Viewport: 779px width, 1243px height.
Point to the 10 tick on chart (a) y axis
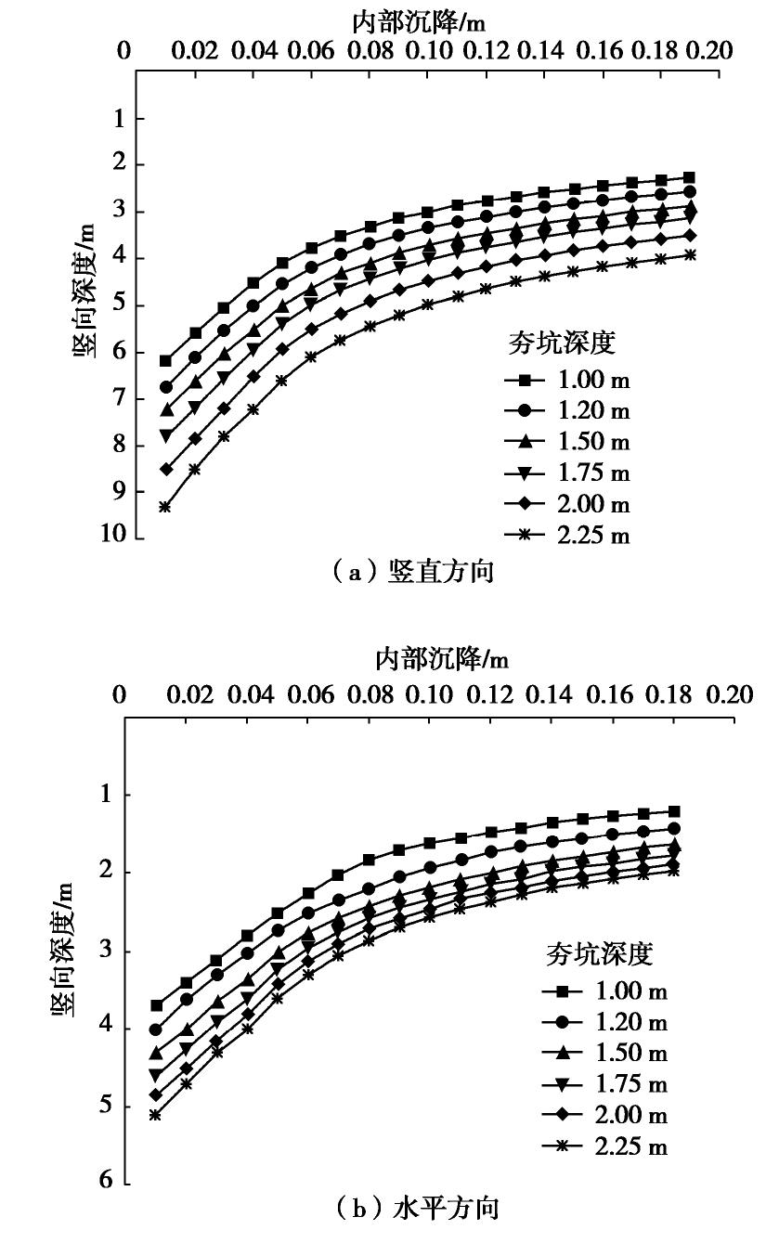(x=116, y=538)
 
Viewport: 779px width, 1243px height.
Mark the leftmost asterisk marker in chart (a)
(x=164, y=507)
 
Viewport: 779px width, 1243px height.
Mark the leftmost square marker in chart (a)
(x=165, y=361)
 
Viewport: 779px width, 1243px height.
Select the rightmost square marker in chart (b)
(x=674, y=811)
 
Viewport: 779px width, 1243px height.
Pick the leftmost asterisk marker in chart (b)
(x=155, y=1115)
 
